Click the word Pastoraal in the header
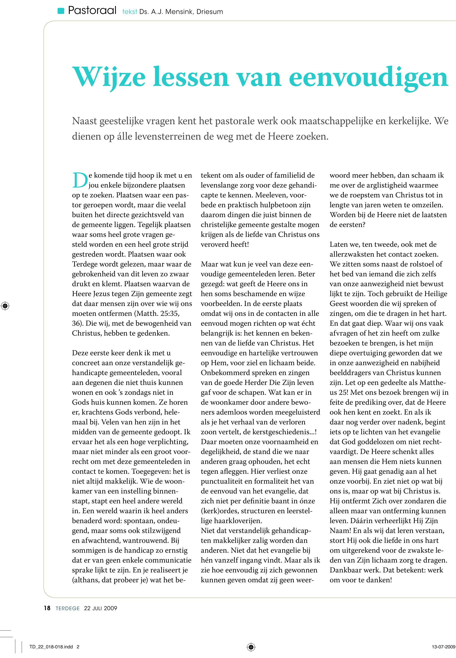coord(92,11)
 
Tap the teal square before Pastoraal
coord(61,11)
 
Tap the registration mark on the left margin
coord(5,306)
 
